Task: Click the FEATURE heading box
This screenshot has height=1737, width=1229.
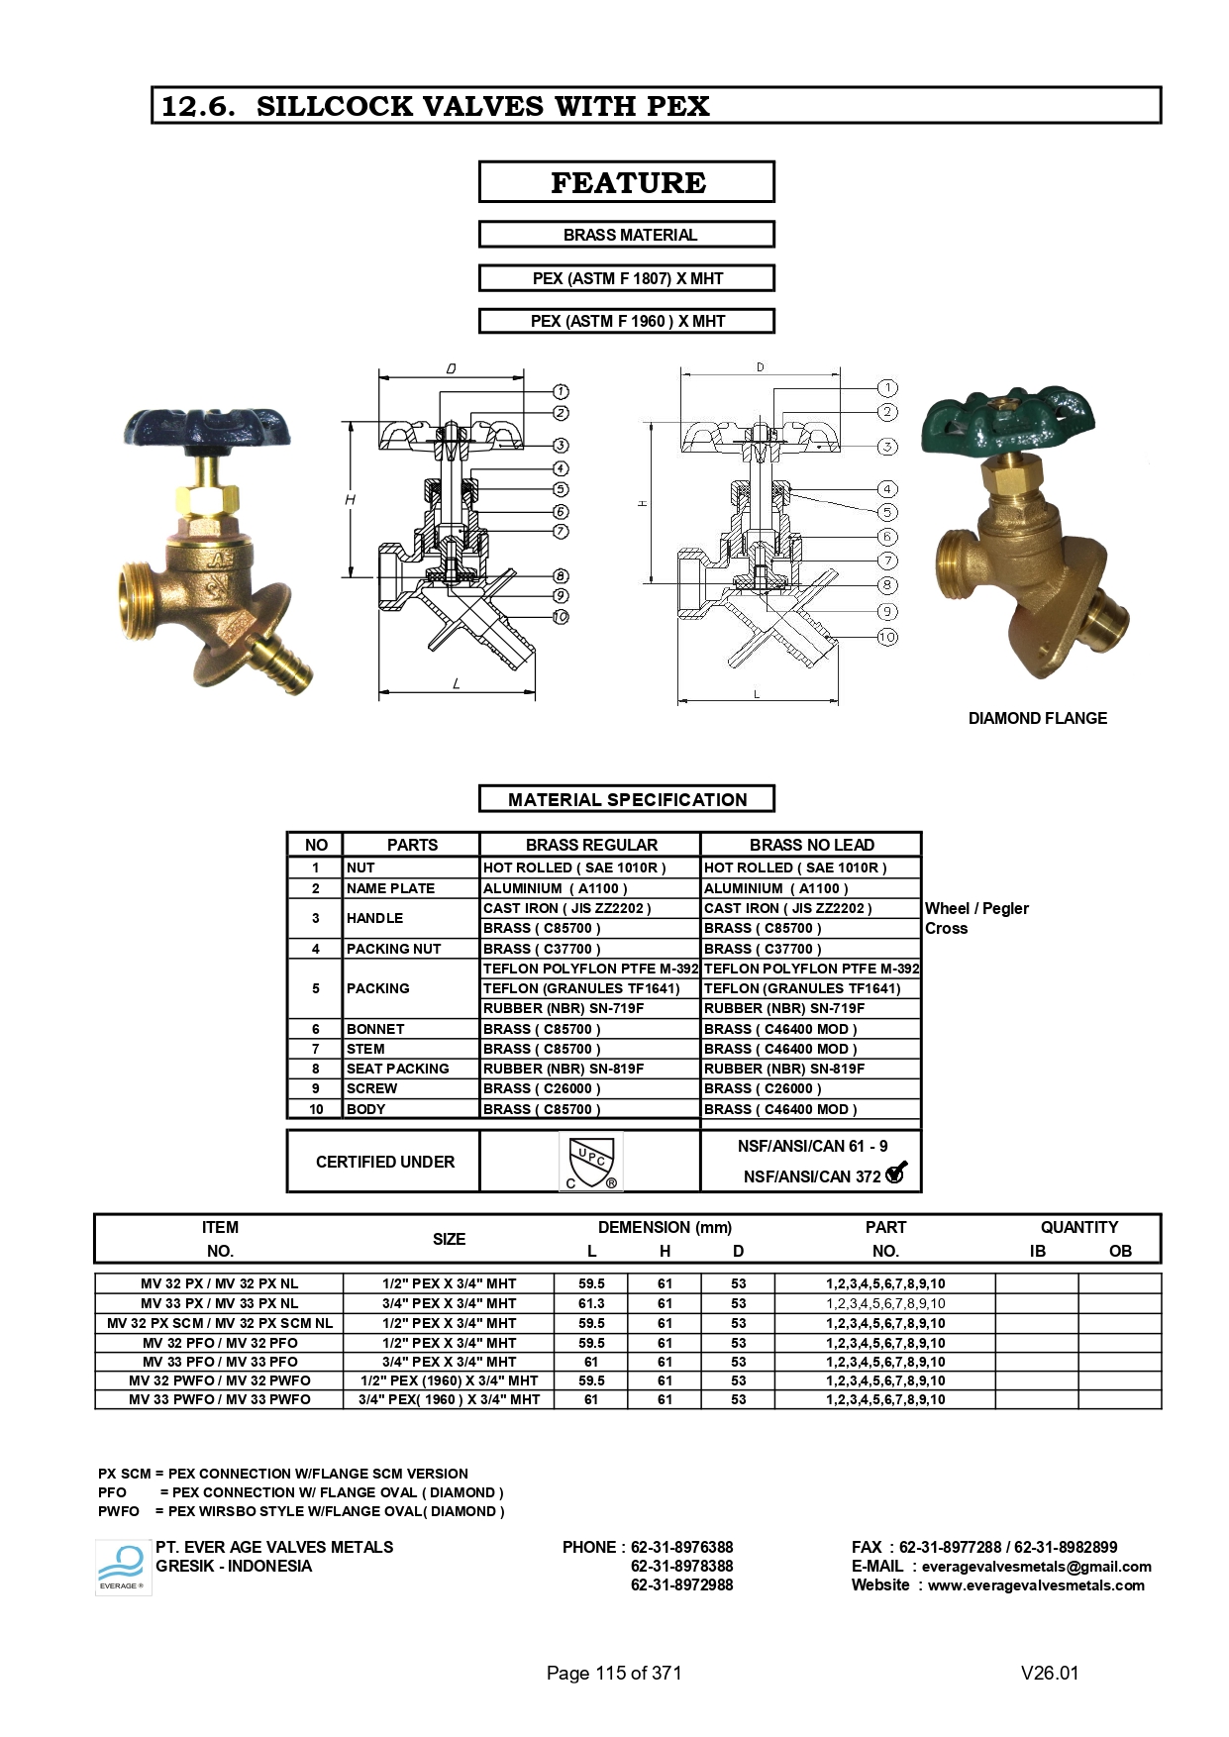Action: (626, 183)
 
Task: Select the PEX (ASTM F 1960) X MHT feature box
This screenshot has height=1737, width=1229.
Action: (626, 321)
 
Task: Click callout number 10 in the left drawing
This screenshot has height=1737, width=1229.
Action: (561, 617)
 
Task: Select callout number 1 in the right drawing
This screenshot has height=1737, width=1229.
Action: (887, 388)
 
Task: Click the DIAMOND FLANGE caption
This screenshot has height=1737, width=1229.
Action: (1037, 719)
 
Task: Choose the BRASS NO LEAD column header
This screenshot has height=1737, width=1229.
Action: (811, 845)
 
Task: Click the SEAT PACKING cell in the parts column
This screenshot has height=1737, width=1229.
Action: (397, 1069)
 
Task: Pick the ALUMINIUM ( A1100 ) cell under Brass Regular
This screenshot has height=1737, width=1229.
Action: (555, 888)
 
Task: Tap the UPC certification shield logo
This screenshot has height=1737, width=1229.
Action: (591, 1161)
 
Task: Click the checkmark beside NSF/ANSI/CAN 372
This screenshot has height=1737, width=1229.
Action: (896, 1174)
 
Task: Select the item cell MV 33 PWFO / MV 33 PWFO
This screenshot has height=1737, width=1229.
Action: (219, 1399)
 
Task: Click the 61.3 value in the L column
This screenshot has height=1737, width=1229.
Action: (591, 1303)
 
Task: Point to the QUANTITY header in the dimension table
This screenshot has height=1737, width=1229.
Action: (1078, 1227)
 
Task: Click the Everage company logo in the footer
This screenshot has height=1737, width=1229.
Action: (123, 1567)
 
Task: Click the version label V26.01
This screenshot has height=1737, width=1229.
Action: (1049, 1673)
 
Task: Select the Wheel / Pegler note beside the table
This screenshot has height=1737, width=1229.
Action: (976, 908)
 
